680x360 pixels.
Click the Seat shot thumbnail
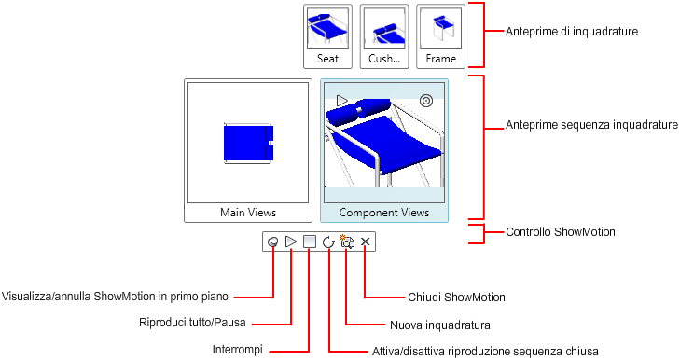pyautogui.click(x=327, y=36)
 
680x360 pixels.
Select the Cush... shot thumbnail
pyautogui.click(x=384, y=36)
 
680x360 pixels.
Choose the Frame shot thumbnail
pyautogui.click(x=440, y=36)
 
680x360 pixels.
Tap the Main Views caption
pyautogui.click(x=248, y=213)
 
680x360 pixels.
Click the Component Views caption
pyautogui.click(x=384, y=213)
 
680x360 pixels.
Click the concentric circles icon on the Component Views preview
pyautogui.click(x=426, y=101)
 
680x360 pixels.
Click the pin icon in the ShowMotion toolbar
pyautogui.click(x=272, y=242)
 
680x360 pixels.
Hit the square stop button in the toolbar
pyautogui.click(x=310, y=242)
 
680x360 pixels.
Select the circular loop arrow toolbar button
pyautogui.click(x=328, y=242)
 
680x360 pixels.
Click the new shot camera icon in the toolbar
pyautogui.click(x=347, y=242)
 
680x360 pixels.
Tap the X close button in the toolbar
pyautogui.click(x=366, y=242)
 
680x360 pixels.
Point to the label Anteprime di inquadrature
pyautogui.click(x=572, y=31)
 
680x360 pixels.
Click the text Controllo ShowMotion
pyautogui.click(x=561, y=232)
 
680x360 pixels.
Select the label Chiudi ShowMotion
pyautogui.click(x=456, y=298)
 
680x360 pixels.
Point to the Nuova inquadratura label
pyautogui.click(x=440, y=325)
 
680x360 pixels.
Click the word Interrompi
pyautogui.click(x=237, y=350)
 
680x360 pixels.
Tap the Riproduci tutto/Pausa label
pyautogui.click(x=192, y=323)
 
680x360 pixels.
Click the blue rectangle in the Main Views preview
pyautogui.click(x=248, y=143)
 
